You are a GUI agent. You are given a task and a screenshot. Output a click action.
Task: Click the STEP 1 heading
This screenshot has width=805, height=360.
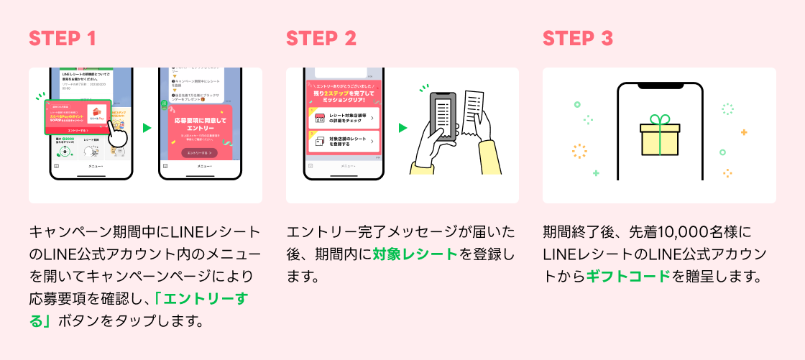[x=63, y=38]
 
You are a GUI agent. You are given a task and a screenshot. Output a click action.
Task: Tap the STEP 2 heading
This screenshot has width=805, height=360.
[x=321, y=38]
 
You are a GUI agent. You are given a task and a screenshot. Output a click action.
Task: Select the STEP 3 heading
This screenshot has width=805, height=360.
[x=578, y=38]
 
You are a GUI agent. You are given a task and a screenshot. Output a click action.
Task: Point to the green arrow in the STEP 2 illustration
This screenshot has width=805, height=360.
[x=403, y=128]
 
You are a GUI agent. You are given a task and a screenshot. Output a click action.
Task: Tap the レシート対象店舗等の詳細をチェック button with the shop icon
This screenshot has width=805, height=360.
[x=342, y=117]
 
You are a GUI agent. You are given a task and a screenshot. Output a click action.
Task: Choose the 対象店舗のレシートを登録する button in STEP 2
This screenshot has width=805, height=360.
[x=342, y=141]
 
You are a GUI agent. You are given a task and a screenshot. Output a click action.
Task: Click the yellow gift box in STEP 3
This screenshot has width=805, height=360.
[x=659, y=139]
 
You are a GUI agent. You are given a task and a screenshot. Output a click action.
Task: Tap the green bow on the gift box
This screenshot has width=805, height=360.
[x=659, y=120]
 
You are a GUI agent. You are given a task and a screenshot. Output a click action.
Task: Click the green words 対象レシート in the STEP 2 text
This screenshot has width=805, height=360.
[x=415, y=254]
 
